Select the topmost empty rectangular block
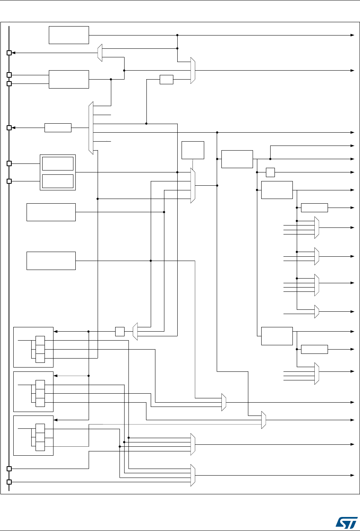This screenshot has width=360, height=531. pos(69,35)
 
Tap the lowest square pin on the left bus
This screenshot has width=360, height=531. pos(9,482)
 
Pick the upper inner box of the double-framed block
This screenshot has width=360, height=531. pos(57,164)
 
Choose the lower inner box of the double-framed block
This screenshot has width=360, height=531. pos(57,181)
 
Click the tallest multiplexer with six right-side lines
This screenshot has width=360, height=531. pos(91,128)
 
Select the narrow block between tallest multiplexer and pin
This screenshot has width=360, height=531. pos(58,128)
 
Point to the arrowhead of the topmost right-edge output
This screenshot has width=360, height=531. pos(351,35)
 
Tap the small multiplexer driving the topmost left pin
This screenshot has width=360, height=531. pos(100,53)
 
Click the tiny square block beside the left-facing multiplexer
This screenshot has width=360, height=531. pos(120,332)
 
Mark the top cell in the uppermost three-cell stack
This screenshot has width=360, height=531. pos(40,340)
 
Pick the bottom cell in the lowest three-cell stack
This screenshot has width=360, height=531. pos(40,446)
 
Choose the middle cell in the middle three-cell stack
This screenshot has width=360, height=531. pos(40,394)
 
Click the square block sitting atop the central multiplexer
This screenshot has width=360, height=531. pos(193,150)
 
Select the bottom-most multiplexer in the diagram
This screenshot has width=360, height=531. pos(192,475)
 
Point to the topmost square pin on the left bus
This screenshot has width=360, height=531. pos(9,53)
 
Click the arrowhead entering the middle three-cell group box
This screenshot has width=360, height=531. pos(55,376)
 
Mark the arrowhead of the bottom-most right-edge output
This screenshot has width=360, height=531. pos(351,475)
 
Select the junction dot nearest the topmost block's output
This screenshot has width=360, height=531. pos(177,35)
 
